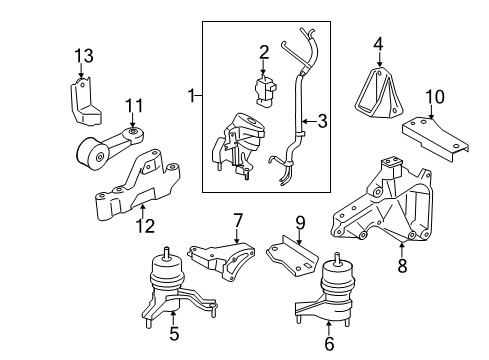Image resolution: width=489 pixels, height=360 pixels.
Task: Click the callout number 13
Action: (x=86, y=54)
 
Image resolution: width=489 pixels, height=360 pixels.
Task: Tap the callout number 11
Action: (x=134, y=105)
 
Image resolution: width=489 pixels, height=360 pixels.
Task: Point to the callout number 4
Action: (x=379, y=44)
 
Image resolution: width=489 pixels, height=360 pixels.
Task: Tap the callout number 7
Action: (x=238, y=219)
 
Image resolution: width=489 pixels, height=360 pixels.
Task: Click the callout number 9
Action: (x=299, y=220)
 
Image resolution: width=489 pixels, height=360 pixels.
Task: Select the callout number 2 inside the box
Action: (x=264, y=52)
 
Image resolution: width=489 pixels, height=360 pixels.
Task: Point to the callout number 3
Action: (x=322, y=123)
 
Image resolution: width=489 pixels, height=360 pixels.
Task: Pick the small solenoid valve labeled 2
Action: (x=266, y=88)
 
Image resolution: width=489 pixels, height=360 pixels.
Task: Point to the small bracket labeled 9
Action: (x=295, y=254)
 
